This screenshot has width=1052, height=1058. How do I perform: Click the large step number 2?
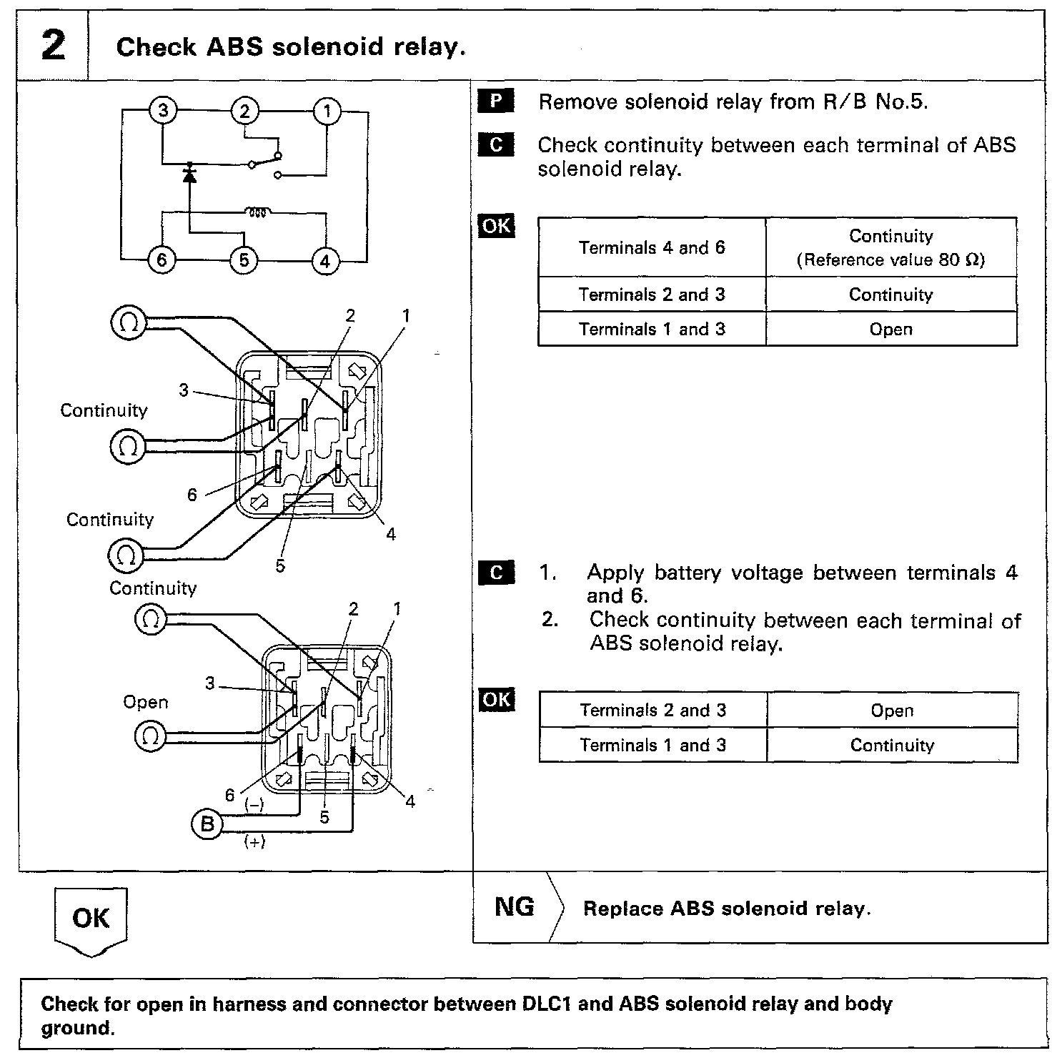click(x=53, y=46)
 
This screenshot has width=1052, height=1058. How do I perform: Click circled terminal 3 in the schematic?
click(x=164, y=111)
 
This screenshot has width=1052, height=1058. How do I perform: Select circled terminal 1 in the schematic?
click(x=327, y=112)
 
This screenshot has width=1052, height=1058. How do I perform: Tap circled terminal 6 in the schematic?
click(x=162, y=260)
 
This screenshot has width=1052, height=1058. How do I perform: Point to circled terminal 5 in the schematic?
click(x=244, y=260)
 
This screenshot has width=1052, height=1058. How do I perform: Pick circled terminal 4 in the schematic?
click(x=325, y=261)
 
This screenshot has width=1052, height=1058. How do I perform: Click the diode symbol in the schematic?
click(x=189, y=173)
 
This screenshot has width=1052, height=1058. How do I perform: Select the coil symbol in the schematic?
click(x=257, y=212)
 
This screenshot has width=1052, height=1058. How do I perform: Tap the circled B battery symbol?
click(x=207, y=825)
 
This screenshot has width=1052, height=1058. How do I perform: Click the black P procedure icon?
click(x=495, y=102)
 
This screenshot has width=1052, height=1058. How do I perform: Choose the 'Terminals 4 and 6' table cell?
click(x=651, y=248)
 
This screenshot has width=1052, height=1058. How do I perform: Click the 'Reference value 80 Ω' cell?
click(x=890, y=248)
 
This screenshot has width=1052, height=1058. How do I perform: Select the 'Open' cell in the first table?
click(x=890, y=330)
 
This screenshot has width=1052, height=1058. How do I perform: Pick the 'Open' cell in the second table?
click(x=892, y=711)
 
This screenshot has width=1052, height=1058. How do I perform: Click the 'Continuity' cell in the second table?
click(x=892, y=746)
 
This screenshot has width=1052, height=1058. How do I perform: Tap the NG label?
click(x=515, y=907)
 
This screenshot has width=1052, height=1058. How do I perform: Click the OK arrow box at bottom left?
click(x=91, y=919)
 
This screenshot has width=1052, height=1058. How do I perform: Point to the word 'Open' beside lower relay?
click(x=146, y=702)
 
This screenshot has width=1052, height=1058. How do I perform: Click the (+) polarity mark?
click(x=254, y=842)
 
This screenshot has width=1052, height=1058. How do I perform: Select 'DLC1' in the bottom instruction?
click(x=547, y=1004)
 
